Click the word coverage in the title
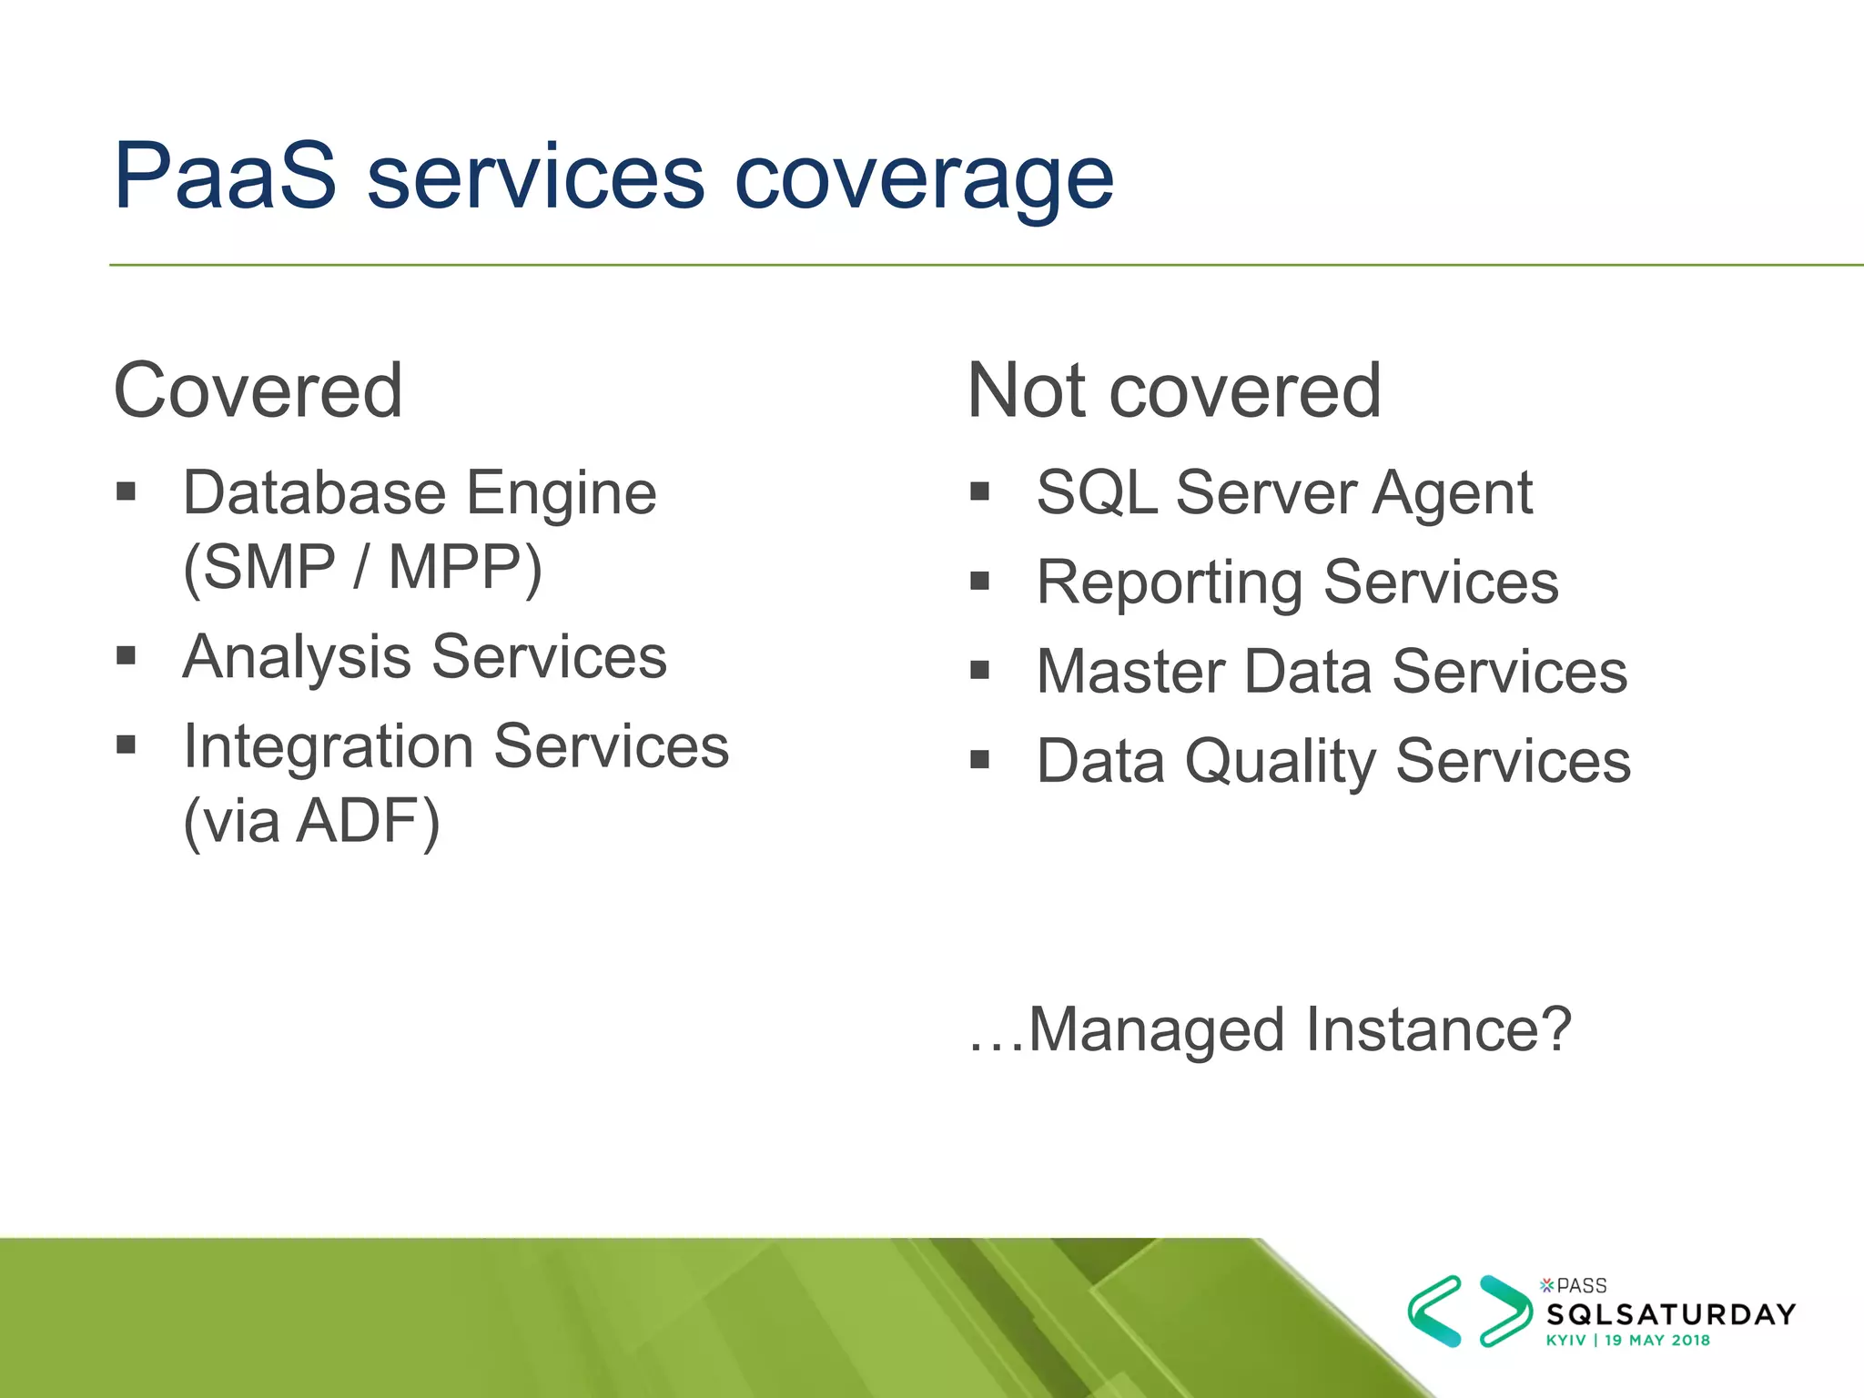pyautogui.click(x=923, y=179)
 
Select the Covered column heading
pyautogui.click(x=258, y=390)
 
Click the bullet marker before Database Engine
pyautogui.click(x=126, y=492)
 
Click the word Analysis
pyautogui.click(x=297, y=657)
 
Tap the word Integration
pyautogui.click(x=329, y=746)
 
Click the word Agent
pyautogui.click(x=1453, y=494)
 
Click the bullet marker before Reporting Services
pyautogui.click(x=979, y=581)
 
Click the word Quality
pyautogui.click(x=1281, y=762)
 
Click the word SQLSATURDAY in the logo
pyautogui.click(x=1671, y=1314)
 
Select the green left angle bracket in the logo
pyautogui.click(x=1434, y=1311)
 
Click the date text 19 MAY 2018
pyautogui.click(x=1656, y=1340)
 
